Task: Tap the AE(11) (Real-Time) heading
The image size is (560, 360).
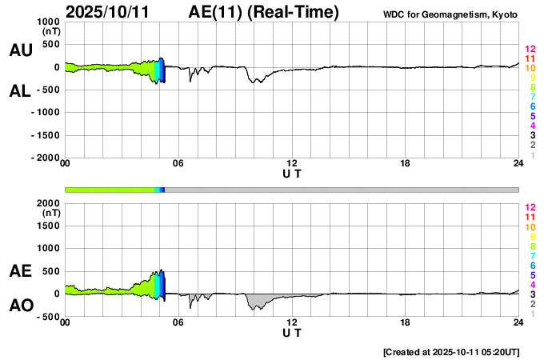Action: coord(264,12)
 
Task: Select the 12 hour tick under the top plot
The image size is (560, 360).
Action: coord(292,164)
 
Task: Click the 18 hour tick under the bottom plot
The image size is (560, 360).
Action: coord(406,322)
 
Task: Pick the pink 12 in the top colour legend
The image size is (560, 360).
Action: coord(530,50)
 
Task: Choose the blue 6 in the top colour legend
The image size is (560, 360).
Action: coord(532,106)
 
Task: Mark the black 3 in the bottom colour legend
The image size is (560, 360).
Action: coord(532,294)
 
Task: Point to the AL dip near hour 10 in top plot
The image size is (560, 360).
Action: coord(256,79)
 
